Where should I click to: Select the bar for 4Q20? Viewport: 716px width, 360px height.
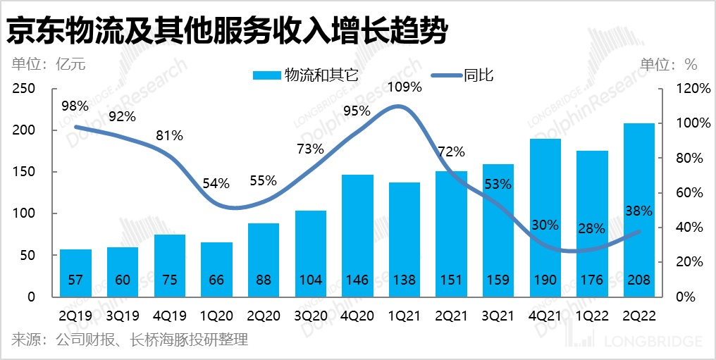click(357, 235)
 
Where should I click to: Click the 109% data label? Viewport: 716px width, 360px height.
click(405, 87)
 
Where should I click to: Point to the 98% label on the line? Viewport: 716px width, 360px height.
click(75, 106)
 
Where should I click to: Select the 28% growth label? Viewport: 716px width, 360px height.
click(592, 228)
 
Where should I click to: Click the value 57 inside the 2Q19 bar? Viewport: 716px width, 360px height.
click(75, 280)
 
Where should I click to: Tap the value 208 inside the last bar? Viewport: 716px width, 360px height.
click(639, 280)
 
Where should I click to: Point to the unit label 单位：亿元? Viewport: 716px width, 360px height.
click(48, 65)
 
